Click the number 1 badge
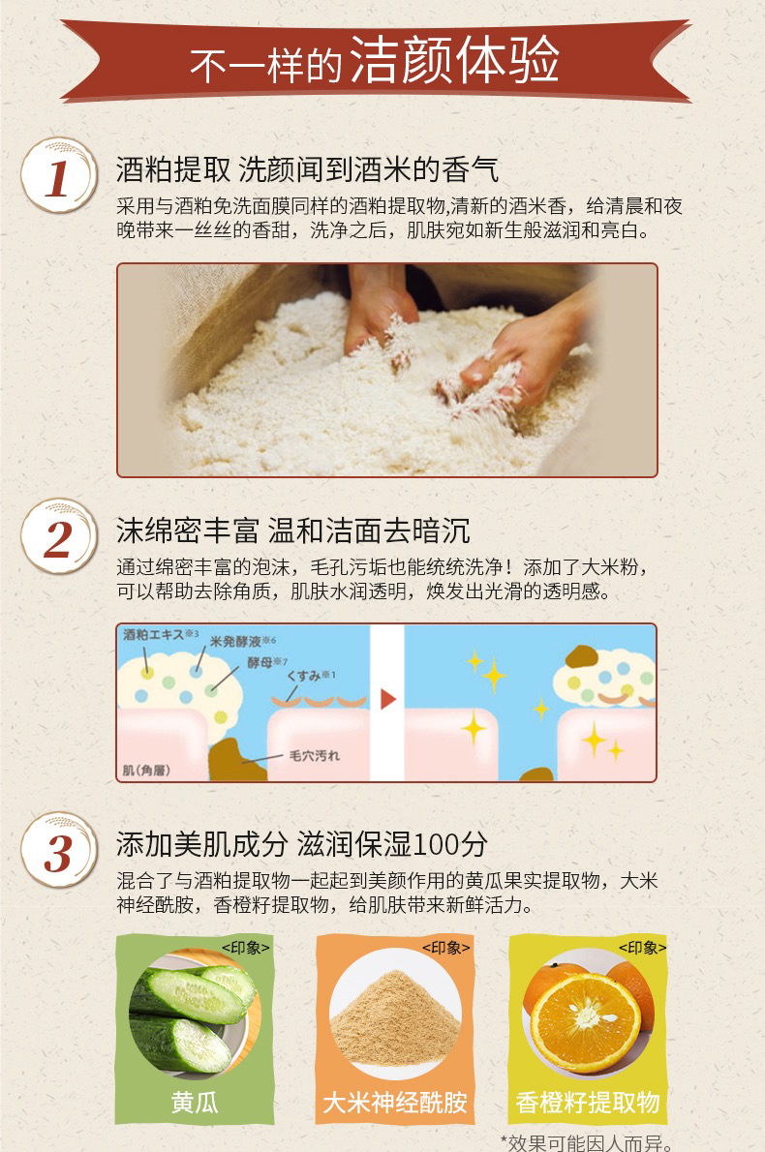[58, 175]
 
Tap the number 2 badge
[58, 537]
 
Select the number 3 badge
[58, 851]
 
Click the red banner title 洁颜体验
[454, 60]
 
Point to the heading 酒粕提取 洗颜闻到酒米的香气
[307, 169]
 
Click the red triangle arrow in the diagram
[388, 699]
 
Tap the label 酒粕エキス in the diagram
[154, 634]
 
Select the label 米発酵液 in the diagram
[236, 642]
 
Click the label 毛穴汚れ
[315, 755]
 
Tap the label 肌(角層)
[146, 770]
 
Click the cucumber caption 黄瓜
[195, 1102]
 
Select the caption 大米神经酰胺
[395, 1102]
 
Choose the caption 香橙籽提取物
[588, 1102]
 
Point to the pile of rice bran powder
[395, 1017]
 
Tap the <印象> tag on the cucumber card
[245, 948]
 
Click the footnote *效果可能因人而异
[587, 1143]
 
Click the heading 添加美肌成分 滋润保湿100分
[302, 845]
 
